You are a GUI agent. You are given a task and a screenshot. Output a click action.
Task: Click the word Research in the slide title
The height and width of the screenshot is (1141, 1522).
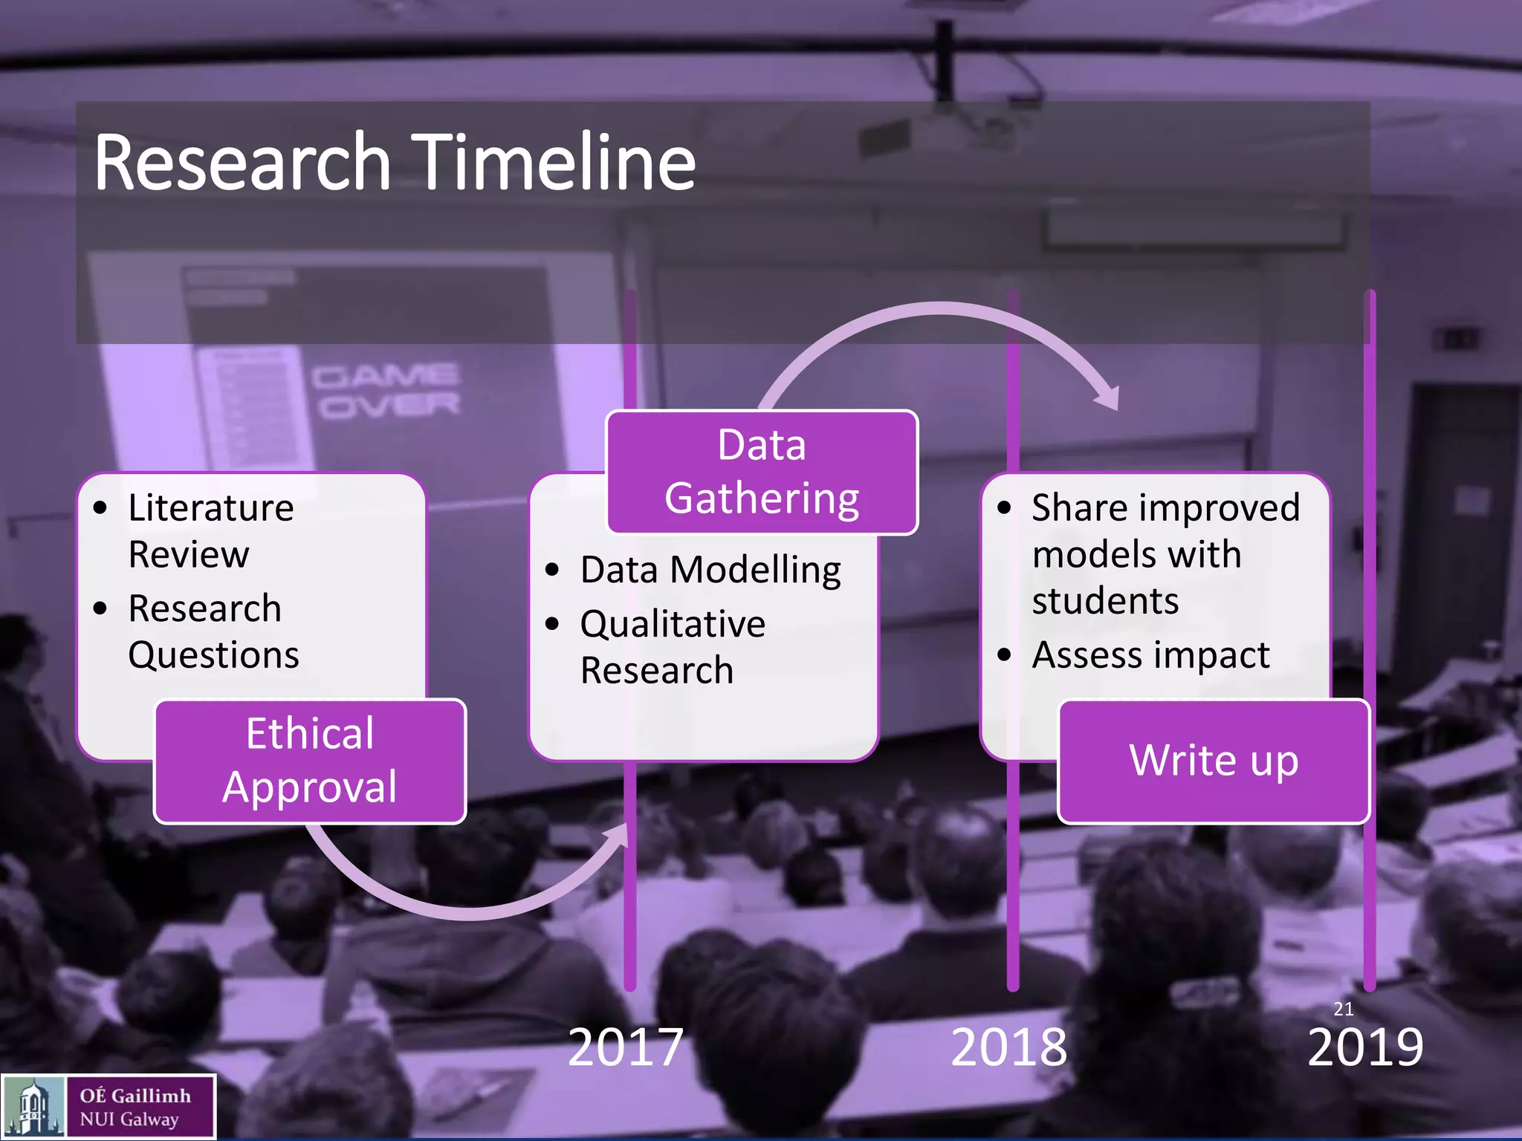point(242,162)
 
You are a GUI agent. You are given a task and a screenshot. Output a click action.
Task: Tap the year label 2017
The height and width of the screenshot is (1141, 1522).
point(625,1047)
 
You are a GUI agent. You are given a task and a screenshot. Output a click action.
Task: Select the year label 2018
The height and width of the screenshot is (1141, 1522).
point(1008,1047)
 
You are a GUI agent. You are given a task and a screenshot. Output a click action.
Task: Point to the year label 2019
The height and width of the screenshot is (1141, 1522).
point(1365,1047)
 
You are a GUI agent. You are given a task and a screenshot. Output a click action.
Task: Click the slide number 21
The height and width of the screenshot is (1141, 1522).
point(1344,1009)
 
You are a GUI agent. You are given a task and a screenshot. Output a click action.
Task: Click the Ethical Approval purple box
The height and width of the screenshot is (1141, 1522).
point(310,761)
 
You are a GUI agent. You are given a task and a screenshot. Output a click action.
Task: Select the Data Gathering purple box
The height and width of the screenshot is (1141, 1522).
point(762,472)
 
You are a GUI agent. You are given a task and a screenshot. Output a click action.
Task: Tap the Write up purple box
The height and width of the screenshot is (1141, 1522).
point(1214,761)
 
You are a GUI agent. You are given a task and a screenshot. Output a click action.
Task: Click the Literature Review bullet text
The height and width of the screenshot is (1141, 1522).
point(210,530)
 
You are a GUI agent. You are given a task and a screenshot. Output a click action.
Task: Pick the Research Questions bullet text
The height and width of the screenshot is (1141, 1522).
point(213,631)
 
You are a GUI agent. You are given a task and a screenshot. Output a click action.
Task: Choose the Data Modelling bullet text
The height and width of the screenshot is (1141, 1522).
point(710,570)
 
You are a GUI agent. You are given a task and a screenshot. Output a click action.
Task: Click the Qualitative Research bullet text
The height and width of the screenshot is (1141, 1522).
point(672,646)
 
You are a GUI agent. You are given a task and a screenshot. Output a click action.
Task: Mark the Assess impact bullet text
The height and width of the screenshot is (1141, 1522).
point(1150,655)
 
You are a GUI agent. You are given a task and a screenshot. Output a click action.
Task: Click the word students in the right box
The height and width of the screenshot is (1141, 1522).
point(1105,600)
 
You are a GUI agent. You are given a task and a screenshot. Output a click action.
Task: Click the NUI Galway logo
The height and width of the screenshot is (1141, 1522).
point(109,1107)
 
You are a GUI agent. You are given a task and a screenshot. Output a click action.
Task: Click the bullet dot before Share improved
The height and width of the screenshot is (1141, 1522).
point(1004,508)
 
